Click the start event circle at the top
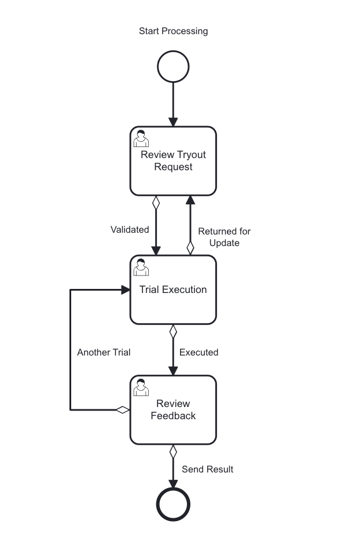click(x=173, y=67)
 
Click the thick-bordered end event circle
click(x=173, y=505)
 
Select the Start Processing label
click(x=173, y=31)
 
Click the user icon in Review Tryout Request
click(x=141, y=139)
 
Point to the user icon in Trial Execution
click(x=141, y=267)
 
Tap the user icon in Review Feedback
click(x=141, y=387)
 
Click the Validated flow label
click(x=130, y=229)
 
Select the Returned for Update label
click(x=224, y=237)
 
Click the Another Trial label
click(x=104, y=352)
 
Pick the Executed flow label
click(x=199, y=352)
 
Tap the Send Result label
click(x=207, y=469)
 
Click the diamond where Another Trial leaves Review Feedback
click(x=122, y=410)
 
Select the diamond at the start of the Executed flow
click(x=172, y=332)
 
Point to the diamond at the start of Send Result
click(x=172, y=452)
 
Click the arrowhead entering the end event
click(x=172, y=483)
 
